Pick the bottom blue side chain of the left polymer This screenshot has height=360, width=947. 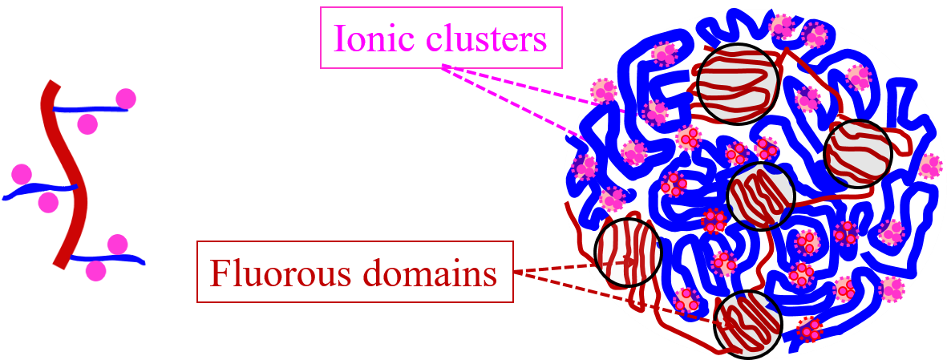pyautogui.click(x=112, y=260)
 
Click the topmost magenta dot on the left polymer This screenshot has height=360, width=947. pyautogui.click(x=125, y=99)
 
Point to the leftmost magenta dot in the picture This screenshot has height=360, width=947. pyautogui.click(x=22, y=173)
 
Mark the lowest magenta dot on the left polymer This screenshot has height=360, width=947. pyautogui.click(x=95, y=271)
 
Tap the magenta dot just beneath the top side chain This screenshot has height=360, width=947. pyautogui.click(x=87, y=123)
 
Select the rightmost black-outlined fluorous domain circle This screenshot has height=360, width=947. pyautogui.click(x=858, y=153)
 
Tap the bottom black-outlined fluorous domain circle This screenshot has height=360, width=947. pyautogui.click(x=747, y=325)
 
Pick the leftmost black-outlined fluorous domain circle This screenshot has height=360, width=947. pyautogui.click(x=628, y=252)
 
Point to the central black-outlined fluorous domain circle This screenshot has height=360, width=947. pyautogui.click(x=760, y=196)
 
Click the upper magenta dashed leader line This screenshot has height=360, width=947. pyautogui.click(x=521, y=85)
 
